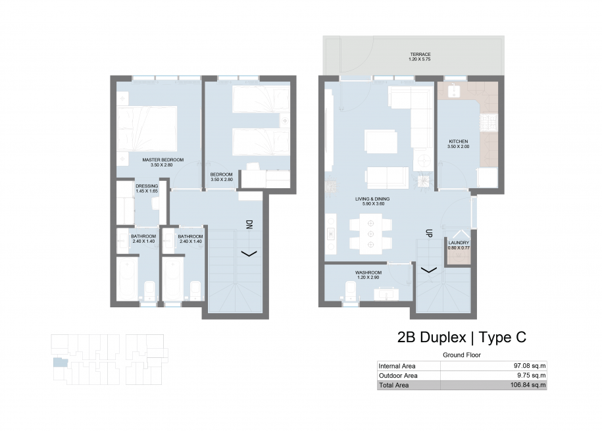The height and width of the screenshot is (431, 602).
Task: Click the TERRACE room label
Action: point(420,55)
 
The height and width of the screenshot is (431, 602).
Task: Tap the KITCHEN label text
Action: point(459,141)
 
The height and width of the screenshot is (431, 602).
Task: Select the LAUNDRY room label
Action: point(459,243)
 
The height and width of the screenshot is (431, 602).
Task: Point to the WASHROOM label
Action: point(368,272)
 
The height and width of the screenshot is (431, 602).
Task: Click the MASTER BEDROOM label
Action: point(163,160)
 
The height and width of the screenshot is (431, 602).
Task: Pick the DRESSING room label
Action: point(147,186)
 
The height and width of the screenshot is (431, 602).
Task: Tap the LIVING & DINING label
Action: point(372,199)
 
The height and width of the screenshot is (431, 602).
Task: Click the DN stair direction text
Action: point(249,225)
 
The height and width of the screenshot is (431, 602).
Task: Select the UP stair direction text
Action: point(429,233)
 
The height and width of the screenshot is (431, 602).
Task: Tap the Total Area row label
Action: point(394,386)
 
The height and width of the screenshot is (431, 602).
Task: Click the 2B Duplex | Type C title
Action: point(461,338)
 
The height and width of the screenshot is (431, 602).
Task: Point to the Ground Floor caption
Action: point(461,355)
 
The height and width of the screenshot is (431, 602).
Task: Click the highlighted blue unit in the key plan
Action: point(60,363)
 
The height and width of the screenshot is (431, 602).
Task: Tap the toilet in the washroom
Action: point(351,292)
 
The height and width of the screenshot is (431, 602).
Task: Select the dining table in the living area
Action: point(370,234)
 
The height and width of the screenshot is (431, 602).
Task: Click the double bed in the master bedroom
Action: point(147,129)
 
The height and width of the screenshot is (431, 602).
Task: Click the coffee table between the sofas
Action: point(381,141)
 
